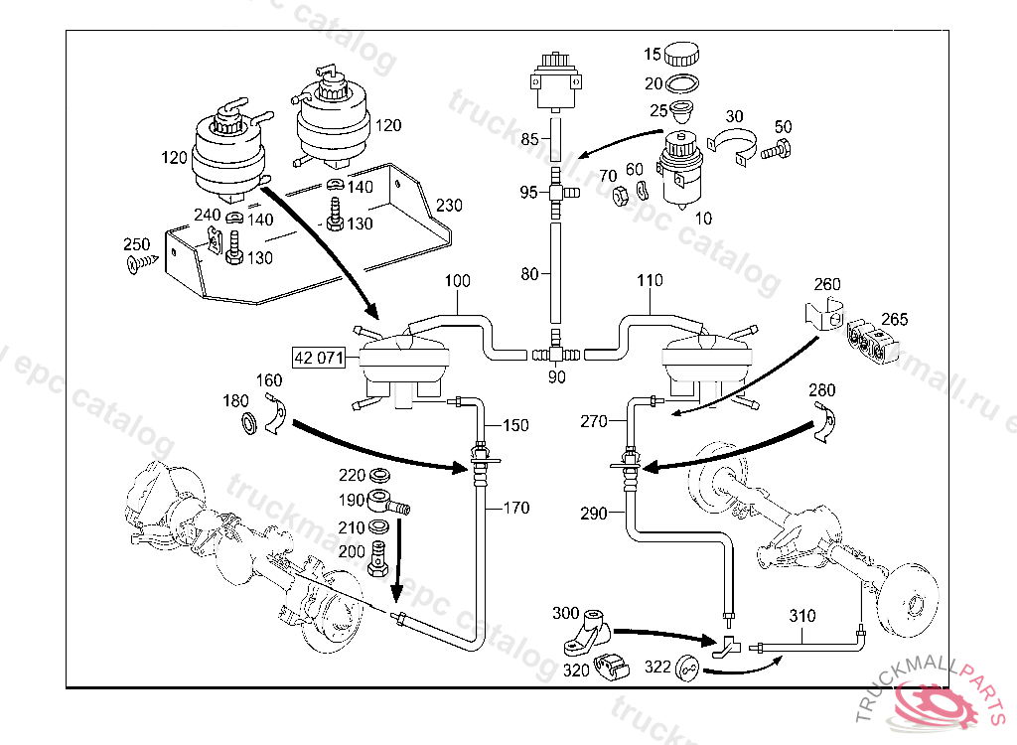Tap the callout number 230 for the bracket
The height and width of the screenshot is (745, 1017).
click(x=449, y=206)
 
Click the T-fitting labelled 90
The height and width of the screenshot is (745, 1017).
click(x=556, y=353)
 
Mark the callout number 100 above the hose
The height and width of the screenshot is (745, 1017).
click(x=457, y=282)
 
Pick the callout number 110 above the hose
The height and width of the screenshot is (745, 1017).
click(x=650, y=281)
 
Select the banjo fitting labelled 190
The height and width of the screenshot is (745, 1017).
click(x=382, y=500)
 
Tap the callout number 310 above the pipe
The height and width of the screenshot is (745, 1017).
click(x=802, y=616)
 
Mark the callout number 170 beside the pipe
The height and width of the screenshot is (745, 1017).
click(x=516, y=509)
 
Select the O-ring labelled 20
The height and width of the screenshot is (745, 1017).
click(x=681, y=83)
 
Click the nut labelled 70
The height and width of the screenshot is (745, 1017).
click(x=616, y=194)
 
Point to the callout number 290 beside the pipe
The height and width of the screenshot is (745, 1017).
click(x=593, y=513)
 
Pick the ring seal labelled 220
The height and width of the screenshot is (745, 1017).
click(x=379, y=475)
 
